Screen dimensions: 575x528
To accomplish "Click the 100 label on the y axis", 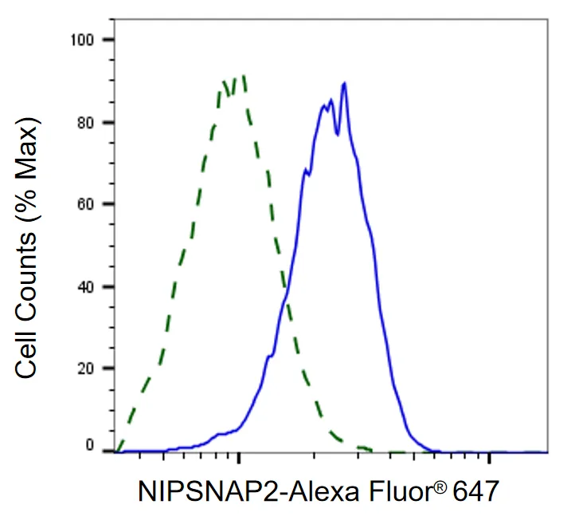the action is [83, 40].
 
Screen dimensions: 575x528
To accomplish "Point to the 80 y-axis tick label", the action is [86, 123].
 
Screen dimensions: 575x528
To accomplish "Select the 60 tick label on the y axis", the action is [86, 204].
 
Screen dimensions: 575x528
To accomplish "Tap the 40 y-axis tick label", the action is [86, 287].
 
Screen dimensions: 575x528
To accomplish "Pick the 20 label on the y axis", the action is [86, 368].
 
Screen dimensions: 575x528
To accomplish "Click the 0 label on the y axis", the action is [90, 445].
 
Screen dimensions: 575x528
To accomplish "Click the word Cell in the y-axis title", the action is [26, 353].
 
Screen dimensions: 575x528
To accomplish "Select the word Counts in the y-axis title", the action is [26, 277].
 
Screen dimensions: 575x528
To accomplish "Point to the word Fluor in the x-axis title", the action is [403, 491].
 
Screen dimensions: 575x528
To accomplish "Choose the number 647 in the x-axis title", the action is [475, 491].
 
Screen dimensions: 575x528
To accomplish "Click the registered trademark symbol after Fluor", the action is [441, 487].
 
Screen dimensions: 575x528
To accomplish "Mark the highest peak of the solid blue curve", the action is [344, 84].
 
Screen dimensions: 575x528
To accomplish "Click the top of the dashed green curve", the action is [243, 76].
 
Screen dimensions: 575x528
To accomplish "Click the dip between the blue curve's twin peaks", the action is [338, 134].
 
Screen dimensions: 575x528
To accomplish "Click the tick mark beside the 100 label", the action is [108, 40].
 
